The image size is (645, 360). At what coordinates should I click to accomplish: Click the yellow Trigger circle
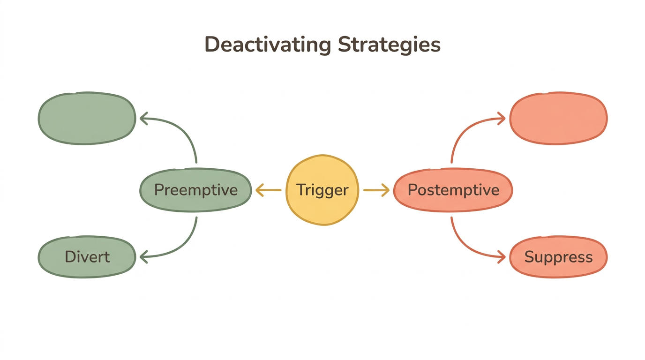(x=322, y=190)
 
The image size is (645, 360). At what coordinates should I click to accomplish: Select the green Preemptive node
(x=196, y=190)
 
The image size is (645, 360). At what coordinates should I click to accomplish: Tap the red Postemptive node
(x=453, y=190)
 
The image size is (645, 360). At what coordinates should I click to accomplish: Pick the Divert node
(x=87, y=257)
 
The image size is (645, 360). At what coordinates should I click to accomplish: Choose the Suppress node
(x=558, y=257)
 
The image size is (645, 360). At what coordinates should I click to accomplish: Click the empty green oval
(x=87, y=118)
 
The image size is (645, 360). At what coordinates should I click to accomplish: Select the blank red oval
(x=558, y=118)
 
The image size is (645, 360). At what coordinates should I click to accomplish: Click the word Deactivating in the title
(x=268, y=45)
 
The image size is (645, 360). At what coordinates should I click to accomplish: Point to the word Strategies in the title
(x=390, y=45)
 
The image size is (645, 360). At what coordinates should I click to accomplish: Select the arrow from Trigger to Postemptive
(x=376, y=190)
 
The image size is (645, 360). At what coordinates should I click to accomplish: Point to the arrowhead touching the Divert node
(x=143, y=256)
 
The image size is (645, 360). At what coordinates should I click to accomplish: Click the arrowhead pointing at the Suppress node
(x=502, y=256)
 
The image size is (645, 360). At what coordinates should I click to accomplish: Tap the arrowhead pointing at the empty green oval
(x=143, y=118)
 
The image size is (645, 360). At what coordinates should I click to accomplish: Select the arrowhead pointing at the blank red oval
(x=502, y=118)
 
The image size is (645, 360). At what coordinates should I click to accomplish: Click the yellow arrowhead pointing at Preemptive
(x=259, y=190)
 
